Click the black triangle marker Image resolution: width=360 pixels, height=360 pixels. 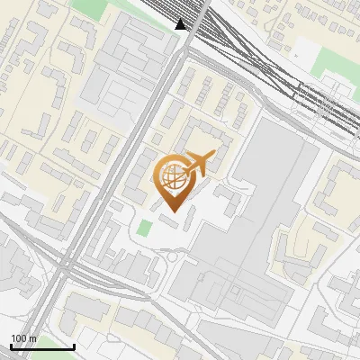pyautogui.click(x=182, y=24)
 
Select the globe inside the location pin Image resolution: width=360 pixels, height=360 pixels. pyautogui.click(x=171, y=176)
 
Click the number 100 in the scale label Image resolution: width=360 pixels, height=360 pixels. pyautogui.click(x=19, y=338)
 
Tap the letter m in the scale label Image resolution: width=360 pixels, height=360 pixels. pyautogui.click(x=32, y=338)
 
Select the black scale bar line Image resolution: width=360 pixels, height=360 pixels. pyautogui.click(x=42, y=346)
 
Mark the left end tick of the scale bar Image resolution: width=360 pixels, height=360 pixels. pyautogui.click(x=11, y=345)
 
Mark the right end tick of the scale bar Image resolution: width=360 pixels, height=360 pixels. pyautogui.click(x=74, y=345)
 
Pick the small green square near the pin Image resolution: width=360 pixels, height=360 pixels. pyautogui.click(x=144, y=229)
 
